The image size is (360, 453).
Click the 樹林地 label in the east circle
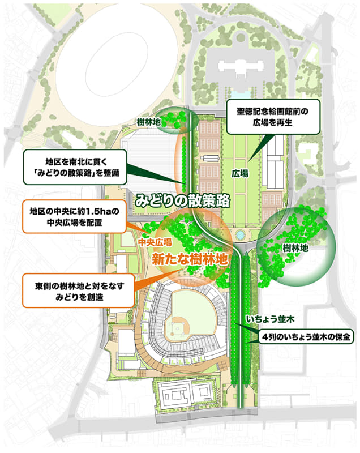295,247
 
